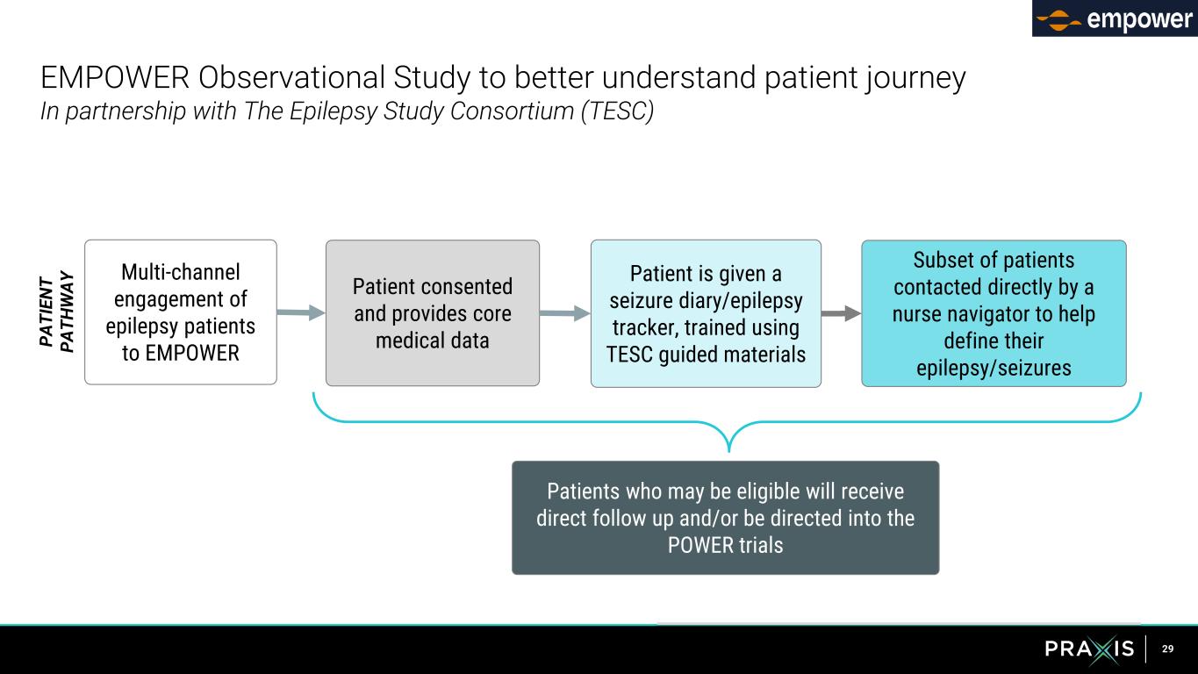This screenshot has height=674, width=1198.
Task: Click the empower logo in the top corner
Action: [x=1115, y=18]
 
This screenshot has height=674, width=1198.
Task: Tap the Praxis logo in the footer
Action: [x=1089, y=649]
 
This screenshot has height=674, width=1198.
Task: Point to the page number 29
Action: [x=1167, y=649]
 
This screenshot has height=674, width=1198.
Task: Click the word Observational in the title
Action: [x=291, y=77]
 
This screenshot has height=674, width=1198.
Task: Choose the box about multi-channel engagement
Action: [x=181, y=312]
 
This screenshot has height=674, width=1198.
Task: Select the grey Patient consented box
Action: [x=433, y=313]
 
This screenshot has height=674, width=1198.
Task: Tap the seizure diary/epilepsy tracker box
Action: [x=706, y=313]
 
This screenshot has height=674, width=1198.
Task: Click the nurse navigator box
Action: [x=994, y=313]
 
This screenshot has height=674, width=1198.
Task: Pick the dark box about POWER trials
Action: [x=725, y=518]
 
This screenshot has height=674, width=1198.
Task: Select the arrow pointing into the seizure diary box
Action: [x=565, y=313]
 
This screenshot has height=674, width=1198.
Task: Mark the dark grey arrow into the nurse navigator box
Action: [x=842, y=313]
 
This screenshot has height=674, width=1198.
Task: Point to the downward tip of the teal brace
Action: [x=729, y=453]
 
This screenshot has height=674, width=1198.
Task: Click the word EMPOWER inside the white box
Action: [x=192, y=353]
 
